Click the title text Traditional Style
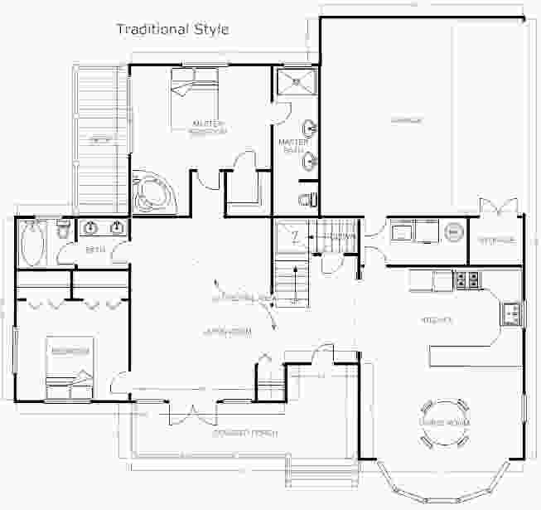172,29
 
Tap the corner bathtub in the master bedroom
151,192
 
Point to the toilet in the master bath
306,199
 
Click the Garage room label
406,120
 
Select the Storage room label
496,240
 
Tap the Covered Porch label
244,433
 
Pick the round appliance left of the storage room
453,232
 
